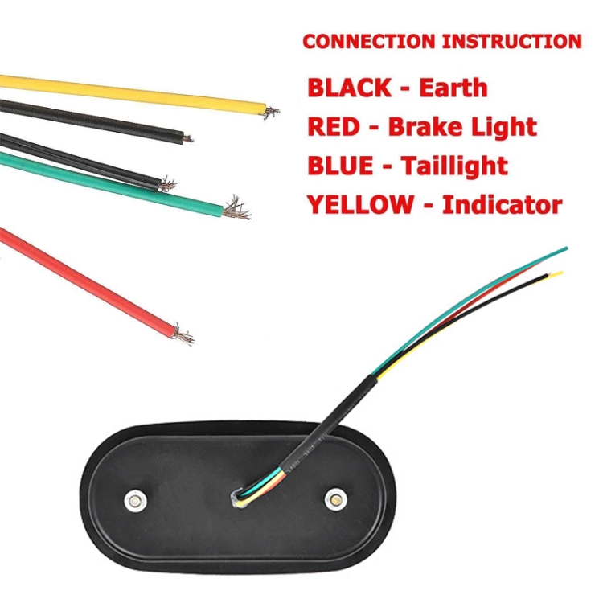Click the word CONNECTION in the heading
(362, 41)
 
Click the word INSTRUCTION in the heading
(507, 41)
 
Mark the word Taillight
(454, 166)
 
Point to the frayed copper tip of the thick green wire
(236, 208)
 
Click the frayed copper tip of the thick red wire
(184, 334)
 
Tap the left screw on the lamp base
(136, 500)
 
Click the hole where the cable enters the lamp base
(237, 498)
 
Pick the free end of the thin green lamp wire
(566, 248)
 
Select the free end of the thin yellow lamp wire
(560, 274)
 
